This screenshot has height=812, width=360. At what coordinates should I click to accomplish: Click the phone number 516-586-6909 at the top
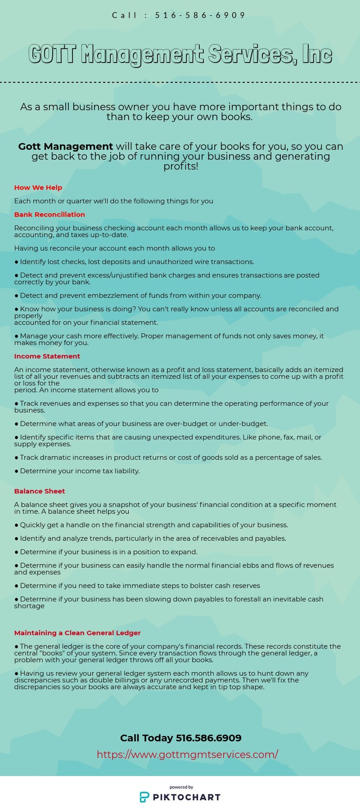[200, 15]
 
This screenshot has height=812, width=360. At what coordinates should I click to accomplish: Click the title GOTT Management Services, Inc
[180, 54]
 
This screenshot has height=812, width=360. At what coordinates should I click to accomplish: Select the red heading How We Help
[38, 188]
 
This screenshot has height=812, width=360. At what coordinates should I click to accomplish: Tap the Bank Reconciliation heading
[49, 215]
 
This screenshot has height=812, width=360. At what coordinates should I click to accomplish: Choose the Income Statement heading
[47, 356]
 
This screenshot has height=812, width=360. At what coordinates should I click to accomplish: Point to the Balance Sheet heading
[40, 491]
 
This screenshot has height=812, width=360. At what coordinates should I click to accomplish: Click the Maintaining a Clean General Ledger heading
[77, 633]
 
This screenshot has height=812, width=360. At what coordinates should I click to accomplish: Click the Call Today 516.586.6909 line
[180, 738]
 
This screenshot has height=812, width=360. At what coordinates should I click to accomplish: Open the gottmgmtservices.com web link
[187, 754]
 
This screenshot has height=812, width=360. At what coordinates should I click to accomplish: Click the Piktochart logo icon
[144, 797]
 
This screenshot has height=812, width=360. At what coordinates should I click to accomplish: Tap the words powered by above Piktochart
[181, 787]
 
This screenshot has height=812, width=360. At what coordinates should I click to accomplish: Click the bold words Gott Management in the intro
[66, 147]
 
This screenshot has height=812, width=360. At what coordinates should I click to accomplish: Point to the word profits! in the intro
[180, 166]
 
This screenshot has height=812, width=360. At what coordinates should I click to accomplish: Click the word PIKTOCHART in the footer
[187, 798]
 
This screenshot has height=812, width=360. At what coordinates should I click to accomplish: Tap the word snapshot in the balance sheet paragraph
[126, 505]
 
